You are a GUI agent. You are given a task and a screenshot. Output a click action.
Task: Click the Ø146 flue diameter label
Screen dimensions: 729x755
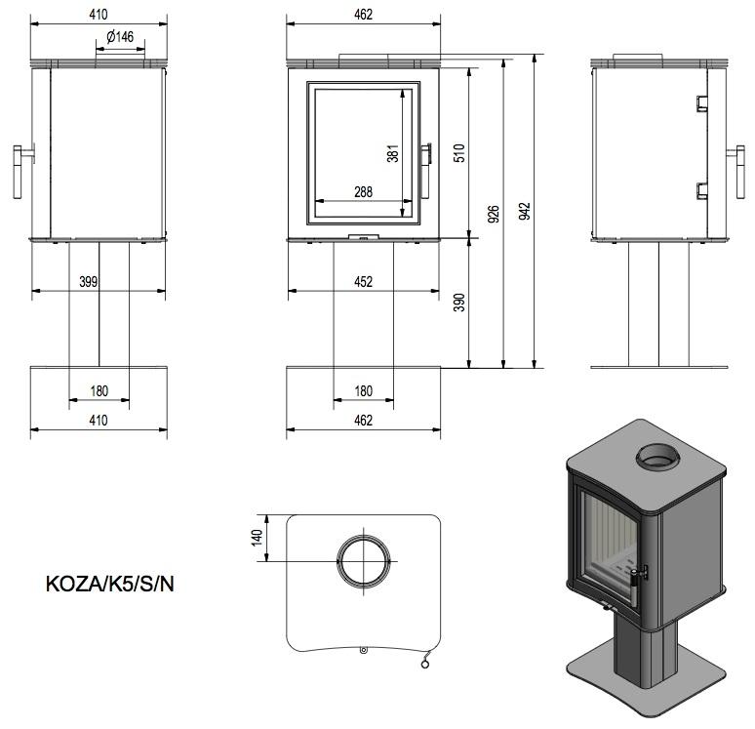click(119, 36)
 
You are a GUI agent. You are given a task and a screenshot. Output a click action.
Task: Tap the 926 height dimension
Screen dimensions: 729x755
click(494, 213)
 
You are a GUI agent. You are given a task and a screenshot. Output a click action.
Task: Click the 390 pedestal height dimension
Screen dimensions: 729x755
click(461, 303)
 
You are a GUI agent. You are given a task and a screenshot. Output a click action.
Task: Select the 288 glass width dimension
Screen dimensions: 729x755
click(363, 192)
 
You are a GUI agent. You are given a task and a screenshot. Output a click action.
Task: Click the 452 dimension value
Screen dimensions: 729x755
click(363, 283)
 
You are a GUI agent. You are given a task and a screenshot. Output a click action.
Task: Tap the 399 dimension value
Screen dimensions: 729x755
click(88, 283)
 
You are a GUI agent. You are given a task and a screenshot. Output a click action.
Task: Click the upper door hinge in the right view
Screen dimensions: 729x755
click(701, 103)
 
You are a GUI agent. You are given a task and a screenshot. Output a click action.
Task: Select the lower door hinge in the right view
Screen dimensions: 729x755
click(701, 190)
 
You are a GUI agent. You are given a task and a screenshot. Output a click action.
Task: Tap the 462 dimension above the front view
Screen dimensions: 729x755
click(363, 15)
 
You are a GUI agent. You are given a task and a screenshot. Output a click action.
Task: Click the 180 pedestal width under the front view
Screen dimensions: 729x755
click(363, 391)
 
